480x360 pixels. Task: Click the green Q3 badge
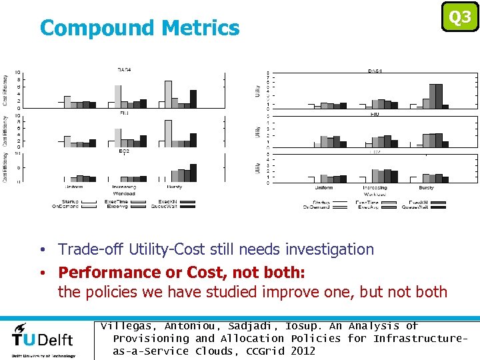[460, 17]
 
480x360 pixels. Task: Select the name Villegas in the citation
[127, 326]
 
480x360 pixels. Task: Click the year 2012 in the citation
[303, 351]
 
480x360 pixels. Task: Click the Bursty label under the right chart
[426, 188]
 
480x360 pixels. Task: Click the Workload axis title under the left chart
[123, 195]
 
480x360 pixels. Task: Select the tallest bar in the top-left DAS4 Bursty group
[169, 94]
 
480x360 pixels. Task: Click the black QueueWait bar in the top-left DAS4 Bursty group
[193, 99]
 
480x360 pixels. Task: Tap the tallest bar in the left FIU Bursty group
[169, 133]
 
